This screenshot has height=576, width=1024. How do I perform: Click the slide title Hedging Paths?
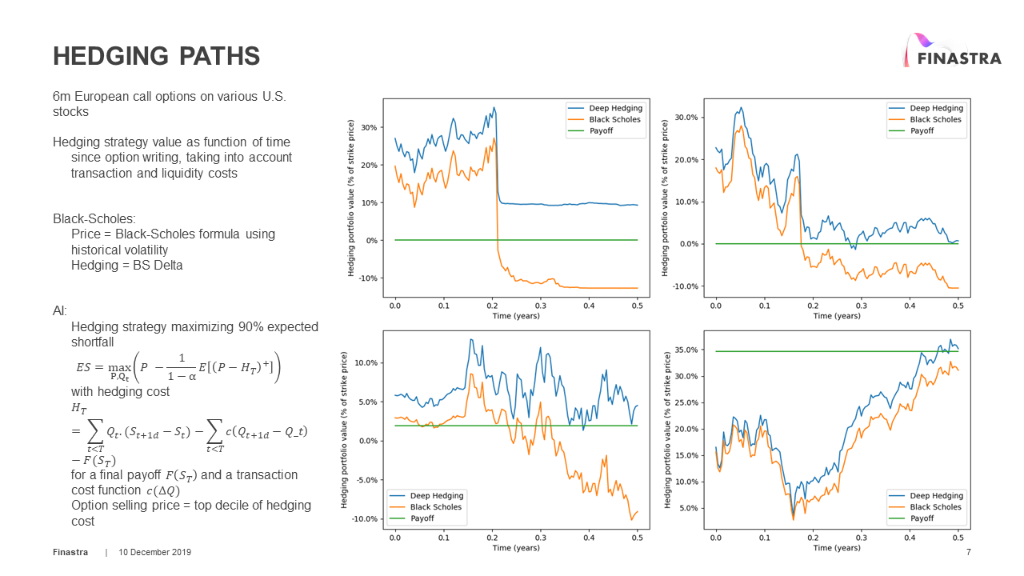pos(156,56)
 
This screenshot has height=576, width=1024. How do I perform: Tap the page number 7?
pos(969,553)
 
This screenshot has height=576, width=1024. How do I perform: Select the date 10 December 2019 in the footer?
pos(155,553)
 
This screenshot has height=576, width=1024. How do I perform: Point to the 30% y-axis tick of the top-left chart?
pos(369,127)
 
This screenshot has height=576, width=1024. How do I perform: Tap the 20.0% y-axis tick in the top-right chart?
pos(686,160)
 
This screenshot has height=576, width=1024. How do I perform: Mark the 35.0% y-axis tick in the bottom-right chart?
pos(686,350)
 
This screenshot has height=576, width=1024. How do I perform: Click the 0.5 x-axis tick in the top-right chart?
pos(958,305)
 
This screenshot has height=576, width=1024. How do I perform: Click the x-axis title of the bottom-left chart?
pos(516,548)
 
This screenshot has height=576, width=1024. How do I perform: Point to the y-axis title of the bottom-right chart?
pos(666,430)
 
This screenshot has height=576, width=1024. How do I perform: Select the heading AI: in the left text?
pos(60,310)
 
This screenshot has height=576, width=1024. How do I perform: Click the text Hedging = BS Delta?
pos(126,265)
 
